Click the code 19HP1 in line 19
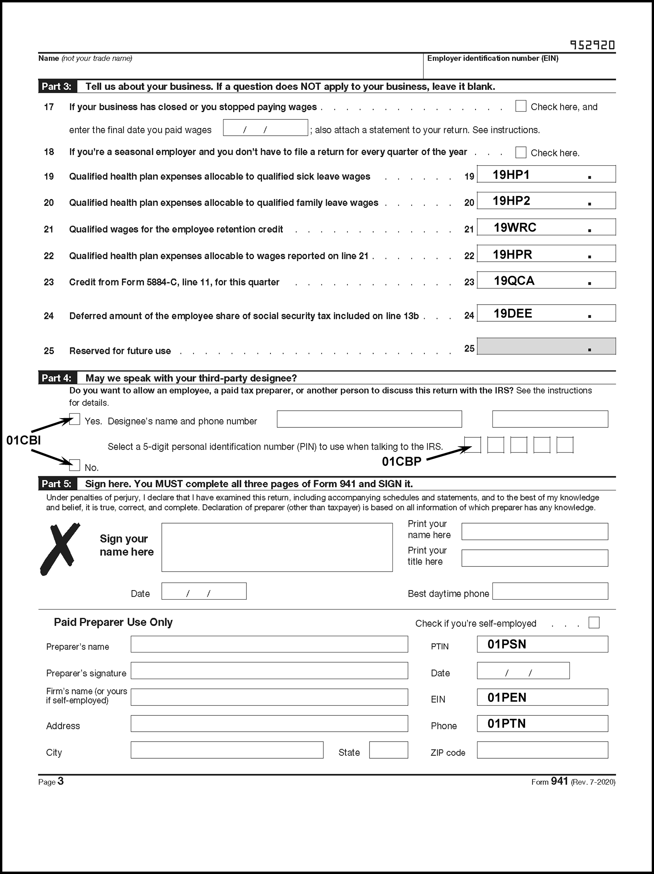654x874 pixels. coord(511,175)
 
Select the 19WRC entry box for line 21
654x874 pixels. coord(546,228)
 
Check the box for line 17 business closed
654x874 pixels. coord(521,106)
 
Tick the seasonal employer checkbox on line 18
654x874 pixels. coord(521,153)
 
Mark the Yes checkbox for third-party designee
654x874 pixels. coord(75,419)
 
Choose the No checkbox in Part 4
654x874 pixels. coord(75,465)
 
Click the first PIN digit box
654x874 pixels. coord(473,445)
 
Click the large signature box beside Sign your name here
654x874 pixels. coord(277,547)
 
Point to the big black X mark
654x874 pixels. coord(59,548)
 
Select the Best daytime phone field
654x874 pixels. coord(550,591)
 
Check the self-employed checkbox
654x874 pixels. coord(593,623)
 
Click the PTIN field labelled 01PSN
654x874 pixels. coord(542,644)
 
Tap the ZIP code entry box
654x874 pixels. coord(542,750)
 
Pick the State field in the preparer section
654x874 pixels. coord(388,750)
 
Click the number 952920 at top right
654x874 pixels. coord(592,45)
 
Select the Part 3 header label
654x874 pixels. coord(57,87)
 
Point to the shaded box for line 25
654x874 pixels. coord(546,346)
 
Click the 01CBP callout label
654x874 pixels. coord(401,461)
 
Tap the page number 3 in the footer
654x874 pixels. coord(61,781)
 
